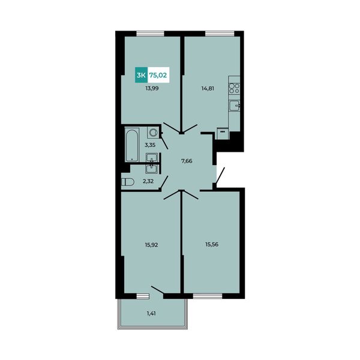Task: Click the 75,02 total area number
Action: point(158,75)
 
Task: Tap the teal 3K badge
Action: point(141,75)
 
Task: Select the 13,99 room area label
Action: point(152,88)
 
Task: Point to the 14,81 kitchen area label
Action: point(208,88)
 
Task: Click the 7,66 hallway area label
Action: point(187,161)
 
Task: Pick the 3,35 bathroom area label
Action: point(150,145)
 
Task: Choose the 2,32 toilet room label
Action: point(148,181)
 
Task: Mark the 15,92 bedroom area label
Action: point(151,245)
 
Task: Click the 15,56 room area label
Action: point(212,245)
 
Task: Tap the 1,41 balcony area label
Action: point(151,313)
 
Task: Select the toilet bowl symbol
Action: point(127,182)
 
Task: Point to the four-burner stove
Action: point(234,88)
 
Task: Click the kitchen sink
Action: point(234,106)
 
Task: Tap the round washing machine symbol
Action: point(152,133)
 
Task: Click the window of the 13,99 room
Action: point(151,34)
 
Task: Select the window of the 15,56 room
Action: point(208,296)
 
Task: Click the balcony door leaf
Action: point(157,290)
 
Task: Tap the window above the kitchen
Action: point(220,34)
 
